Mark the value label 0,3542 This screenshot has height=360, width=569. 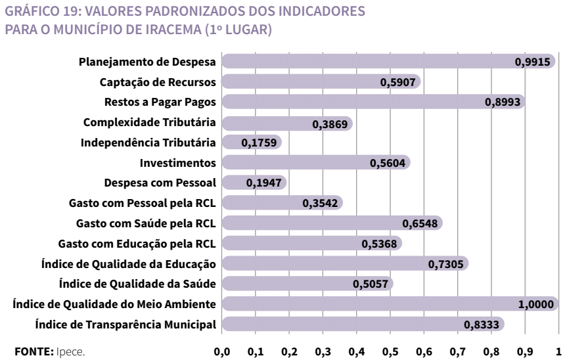(x=319, y=204)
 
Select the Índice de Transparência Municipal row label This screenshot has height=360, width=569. (x=125, y=324)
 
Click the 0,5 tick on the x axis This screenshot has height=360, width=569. (x=390, y=349)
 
